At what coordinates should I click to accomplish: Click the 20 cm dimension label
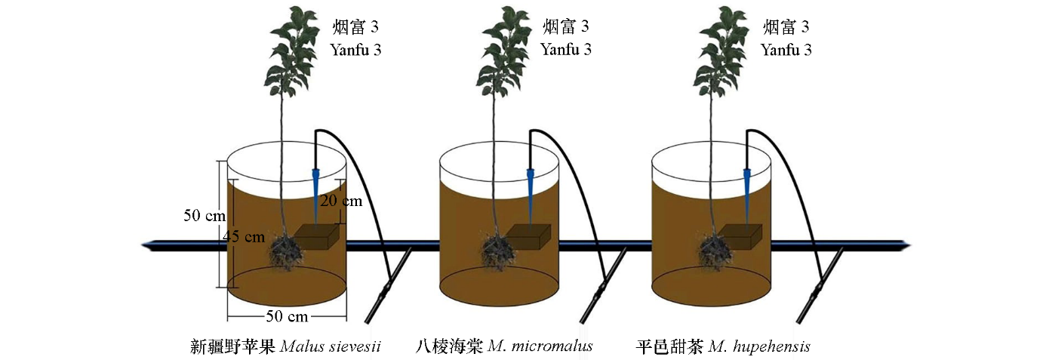point(340,201)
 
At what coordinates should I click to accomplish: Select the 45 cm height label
point(244,236)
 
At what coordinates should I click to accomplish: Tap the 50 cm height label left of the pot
point(203,215)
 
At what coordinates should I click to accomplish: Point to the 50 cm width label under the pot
point(287,315)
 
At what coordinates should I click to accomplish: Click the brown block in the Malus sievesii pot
point(318,238)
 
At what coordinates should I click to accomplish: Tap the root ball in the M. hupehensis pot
point(709,251)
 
